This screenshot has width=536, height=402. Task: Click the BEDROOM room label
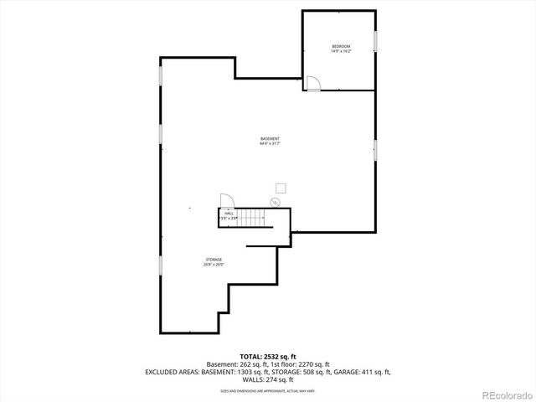[x=341, y=46]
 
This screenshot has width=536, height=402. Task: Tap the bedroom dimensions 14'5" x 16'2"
[x=341, y=52]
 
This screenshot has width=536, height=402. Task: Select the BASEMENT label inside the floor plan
[x=270, y=138]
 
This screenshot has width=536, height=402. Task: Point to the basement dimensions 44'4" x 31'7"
[x=270, y=144]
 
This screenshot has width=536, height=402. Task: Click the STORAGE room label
[x=214, y=260]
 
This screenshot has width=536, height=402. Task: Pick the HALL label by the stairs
[x=229, y=213]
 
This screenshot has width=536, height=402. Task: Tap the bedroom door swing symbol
[x=313, y=83]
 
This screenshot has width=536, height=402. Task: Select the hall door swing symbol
[x=226, y=199]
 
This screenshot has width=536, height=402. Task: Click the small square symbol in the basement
[x=281, y=188]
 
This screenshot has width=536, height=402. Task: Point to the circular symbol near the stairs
[x=274, y=202]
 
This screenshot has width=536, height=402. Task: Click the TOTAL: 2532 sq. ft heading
[x=268, y=356]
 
